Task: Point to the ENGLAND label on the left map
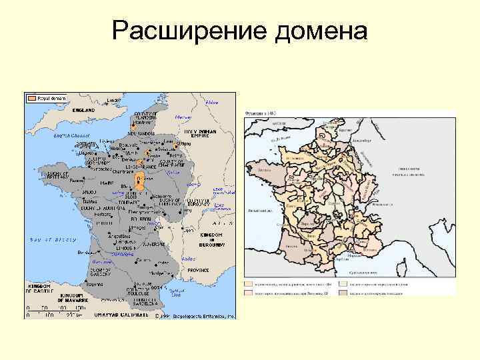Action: point(84,109)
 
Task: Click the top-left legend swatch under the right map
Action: point(249,284)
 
